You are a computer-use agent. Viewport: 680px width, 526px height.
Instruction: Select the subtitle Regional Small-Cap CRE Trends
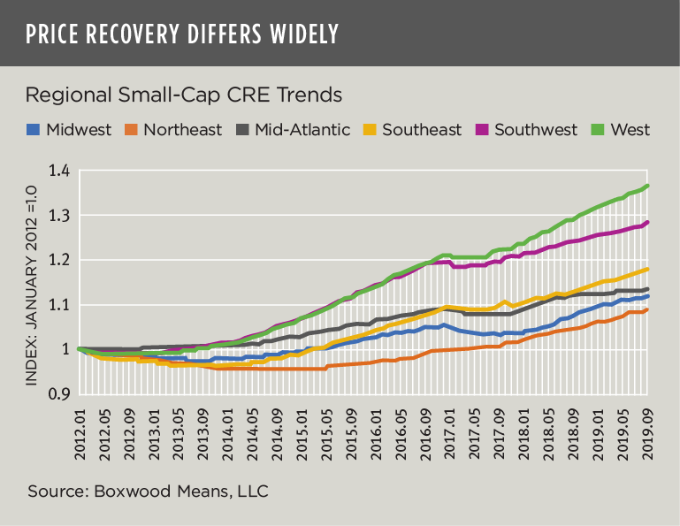pos(184,95)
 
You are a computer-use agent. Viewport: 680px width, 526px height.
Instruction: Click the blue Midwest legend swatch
pos(34,130)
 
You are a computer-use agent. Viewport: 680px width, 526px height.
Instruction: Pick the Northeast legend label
pos(182,130)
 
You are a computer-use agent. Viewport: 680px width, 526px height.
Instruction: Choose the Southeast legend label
pos(423,130)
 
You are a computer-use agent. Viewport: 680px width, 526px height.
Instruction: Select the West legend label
pos(631,130)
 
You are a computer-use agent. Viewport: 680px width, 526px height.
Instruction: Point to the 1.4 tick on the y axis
pos(60,171)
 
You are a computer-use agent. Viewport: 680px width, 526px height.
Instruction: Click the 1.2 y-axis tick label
pos(60,260)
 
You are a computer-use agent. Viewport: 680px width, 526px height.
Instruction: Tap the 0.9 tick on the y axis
pos(60,394)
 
